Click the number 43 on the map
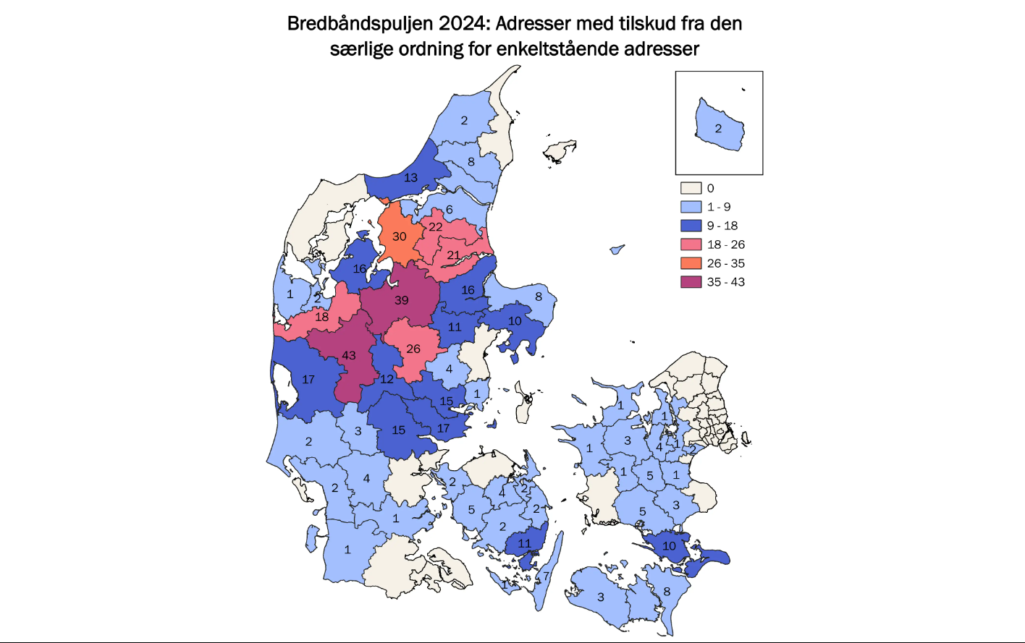coord(349,355)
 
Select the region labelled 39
coord(401,299)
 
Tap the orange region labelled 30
coord(399,236)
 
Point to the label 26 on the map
coord(413,349)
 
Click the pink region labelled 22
coord(436,226)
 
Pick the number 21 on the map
coord(453,255)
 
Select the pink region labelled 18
coord(322,317)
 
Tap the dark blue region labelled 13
coord(410,177)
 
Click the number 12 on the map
coord(387,379)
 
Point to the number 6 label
coord(449,210)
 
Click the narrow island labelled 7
coord(548,571)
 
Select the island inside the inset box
coord(718,127)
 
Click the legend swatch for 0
coord(691,188)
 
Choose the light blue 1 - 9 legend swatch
coord(691,207)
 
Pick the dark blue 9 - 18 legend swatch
coord(691,226)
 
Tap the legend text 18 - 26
coord(726,244)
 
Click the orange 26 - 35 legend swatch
coord(691,263)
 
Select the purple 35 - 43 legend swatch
coord(691,282)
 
